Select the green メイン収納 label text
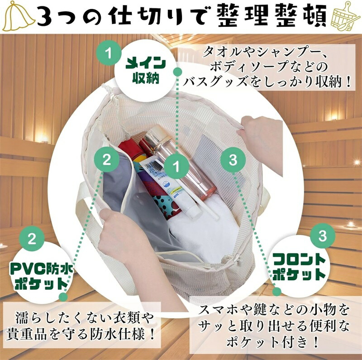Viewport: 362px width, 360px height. pyautogui.click(x=146, y=71)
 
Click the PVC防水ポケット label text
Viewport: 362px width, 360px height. pyautogui.click(x=42, y=276)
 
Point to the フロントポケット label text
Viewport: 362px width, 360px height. pyautogui.click(x=299, y=267)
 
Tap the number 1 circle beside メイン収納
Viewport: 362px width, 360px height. pyautogui.click(x=109, y=53)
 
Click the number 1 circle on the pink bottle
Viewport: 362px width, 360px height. pyautogui.click(x=176, y=166)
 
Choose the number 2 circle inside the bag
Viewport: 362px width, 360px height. pyautogui.click(x=107, y=159)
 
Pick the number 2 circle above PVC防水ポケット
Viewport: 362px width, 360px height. pyautogui.click(x=32, y=239)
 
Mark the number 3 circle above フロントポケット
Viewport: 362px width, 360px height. pyautogui.click(x=323, y=235)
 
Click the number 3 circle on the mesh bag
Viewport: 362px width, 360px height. pyautogui.click(x=233, y=160)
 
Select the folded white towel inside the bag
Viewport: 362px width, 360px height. pyautogui.click(x=203, y=231)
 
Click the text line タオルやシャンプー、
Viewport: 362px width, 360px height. pyautogui.click(x=266, y=53)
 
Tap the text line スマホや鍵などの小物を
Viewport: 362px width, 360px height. pyautogui.click(x=274, y=310)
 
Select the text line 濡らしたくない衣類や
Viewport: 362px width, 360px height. pyautogui.click(x=85, y=318)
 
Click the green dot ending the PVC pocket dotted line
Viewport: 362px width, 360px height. pyautogui.click(x=63, y=297)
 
